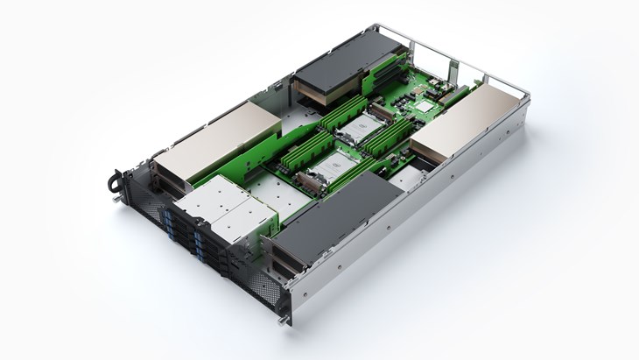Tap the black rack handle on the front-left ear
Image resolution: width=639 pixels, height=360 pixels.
point(113,181)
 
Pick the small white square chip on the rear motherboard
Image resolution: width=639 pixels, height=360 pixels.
point(425,106)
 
